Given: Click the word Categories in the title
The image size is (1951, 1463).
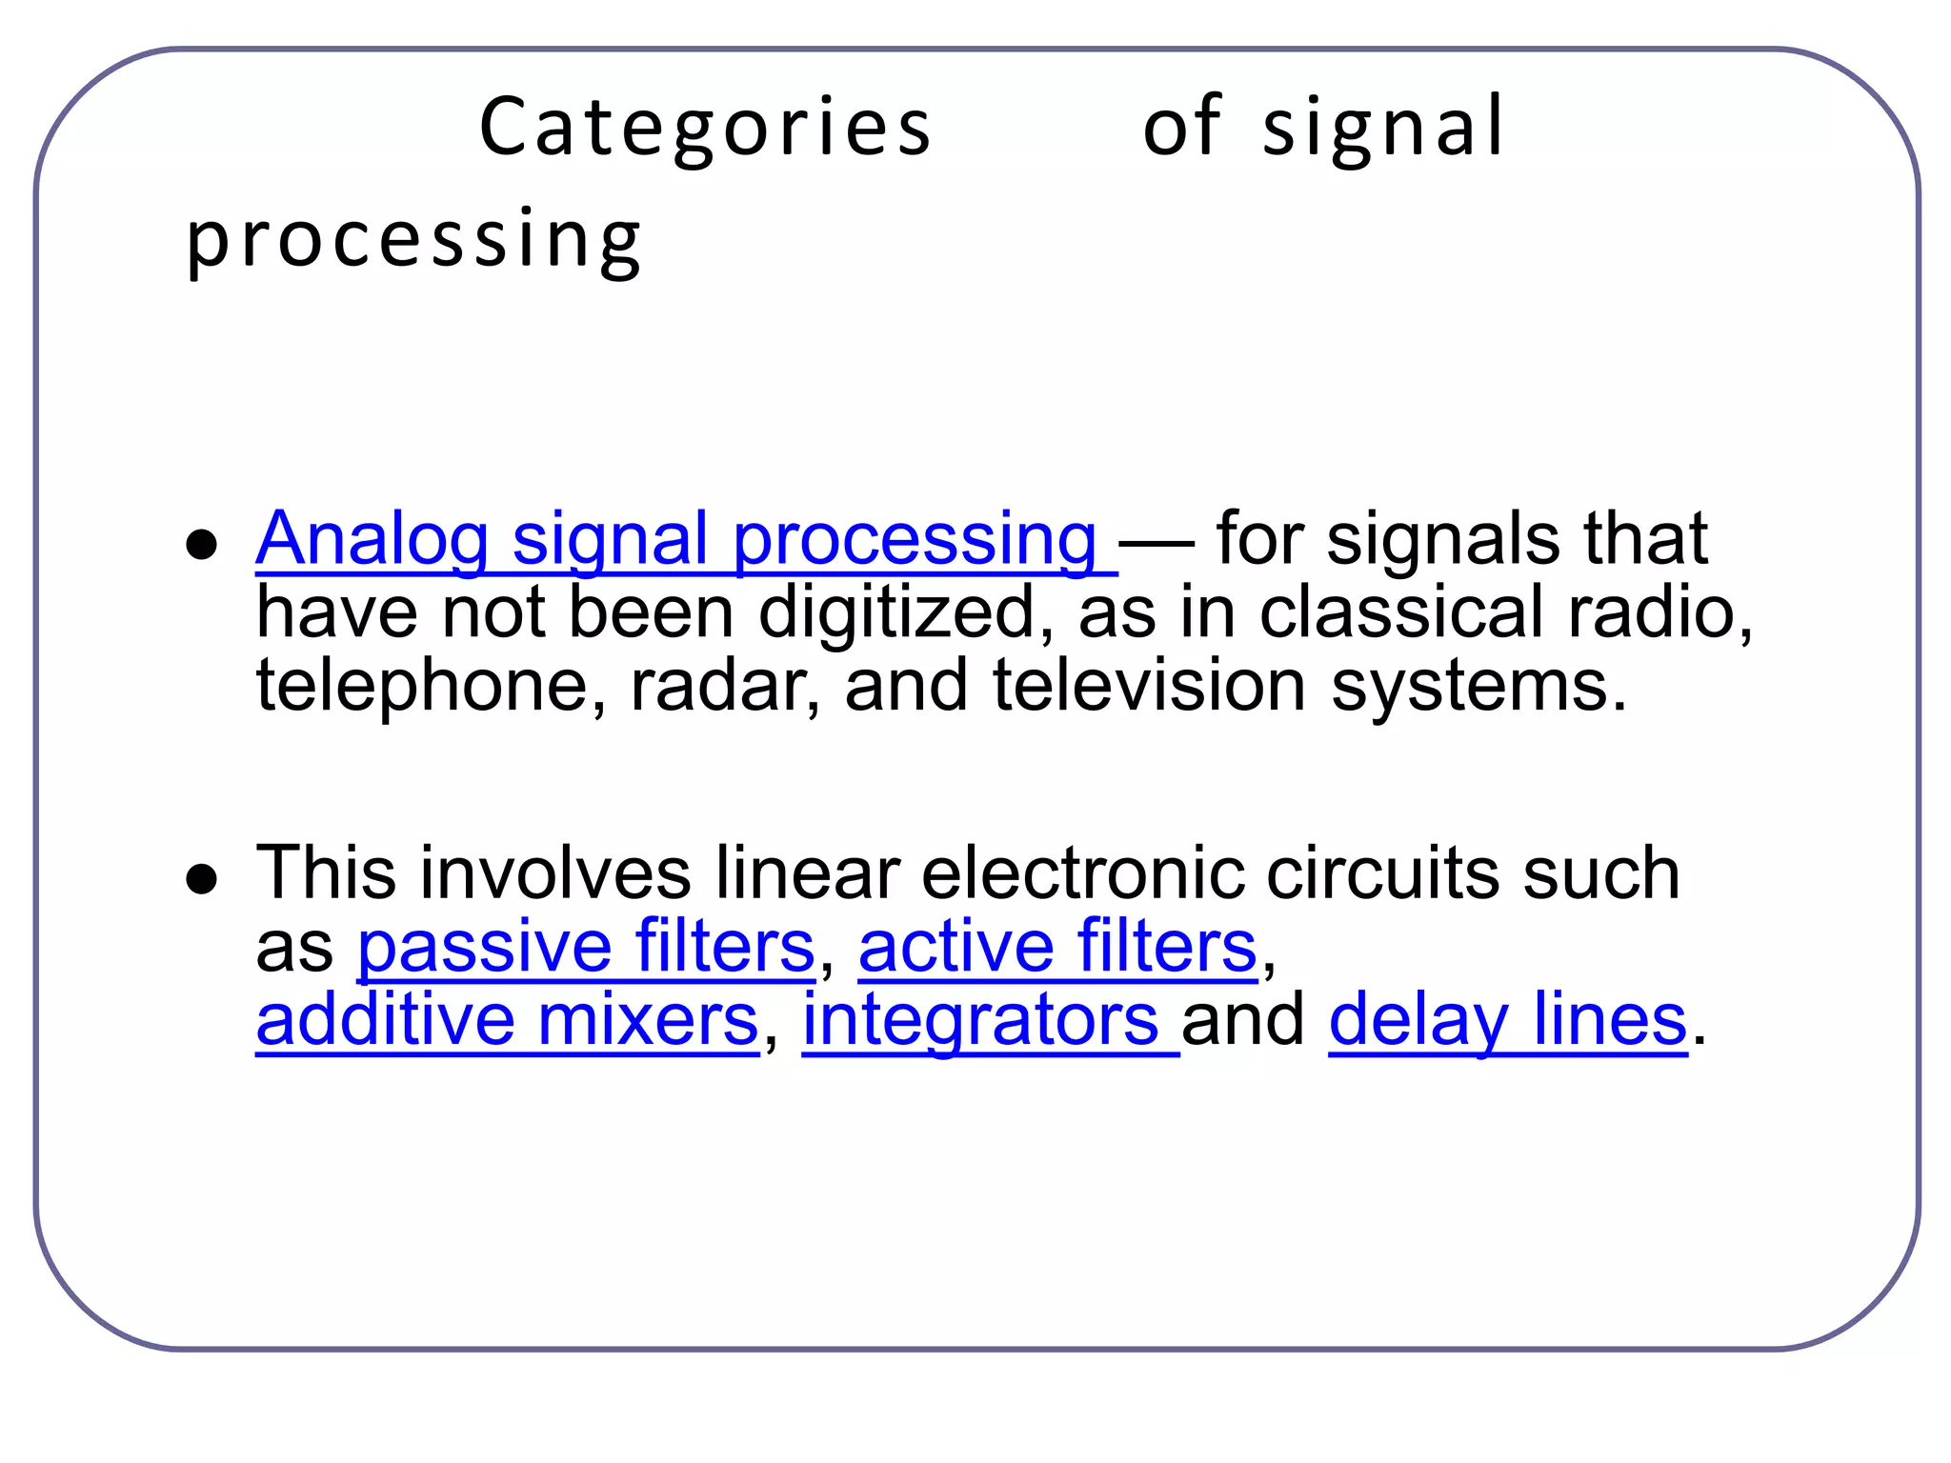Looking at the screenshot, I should (x=705, y=129).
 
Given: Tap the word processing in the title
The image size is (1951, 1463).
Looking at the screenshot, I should (x=413, y=240).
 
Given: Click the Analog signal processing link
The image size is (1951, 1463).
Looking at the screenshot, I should (x=676, y=540).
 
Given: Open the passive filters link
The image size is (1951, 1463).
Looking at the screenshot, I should (x=586, y=948).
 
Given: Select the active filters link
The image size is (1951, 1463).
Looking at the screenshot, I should (x=1057, y=948).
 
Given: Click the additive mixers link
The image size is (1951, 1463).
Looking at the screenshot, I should (x=507, y=1021).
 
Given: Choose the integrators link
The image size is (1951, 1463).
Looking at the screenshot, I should (x=981, y=1021).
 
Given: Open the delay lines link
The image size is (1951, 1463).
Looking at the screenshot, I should (x=1507, y=1021).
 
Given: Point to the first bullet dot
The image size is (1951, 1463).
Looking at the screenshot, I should (x=202, y=546).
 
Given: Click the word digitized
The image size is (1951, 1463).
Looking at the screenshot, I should (x=895, y=612).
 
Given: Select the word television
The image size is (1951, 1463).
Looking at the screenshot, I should (x=1149, y=686).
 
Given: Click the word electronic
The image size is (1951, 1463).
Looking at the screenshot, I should (x=1082, y=873).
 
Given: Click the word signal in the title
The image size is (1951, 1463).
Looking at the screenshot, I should (x=1382, y=129).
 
